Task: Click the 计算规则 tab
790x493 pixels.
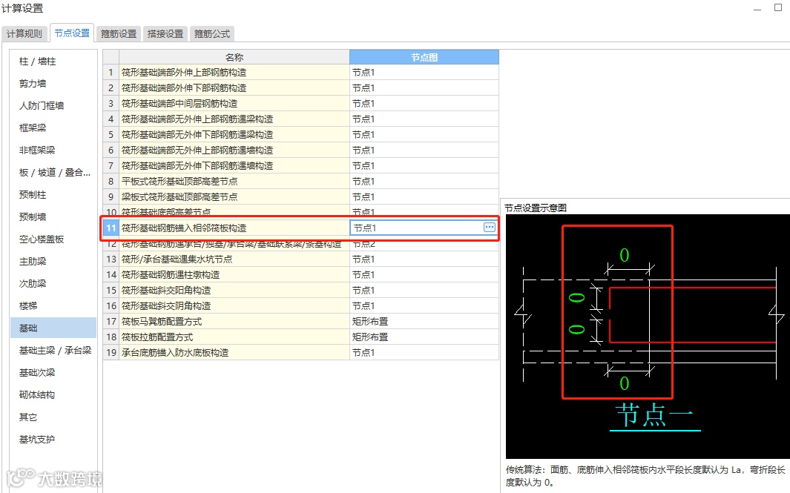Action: (x=24, y=33)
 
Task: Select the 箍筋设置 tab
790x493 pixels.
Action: (x=119, y=33)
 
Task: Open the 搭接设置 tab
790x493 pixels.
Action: (x=165, y=33)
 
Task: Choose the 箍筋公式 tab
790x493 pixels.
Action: (x=212, y=33)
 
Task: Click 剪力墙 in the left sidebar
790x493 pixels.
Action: (x=33, y=84)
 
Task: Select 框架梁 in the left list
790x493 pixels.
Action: (x=33, y=128)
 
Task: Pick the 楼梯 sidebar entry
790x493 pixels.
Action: (x=28, y=305)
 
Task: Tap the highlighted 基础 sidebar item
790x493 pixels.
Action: (x=28, y=328)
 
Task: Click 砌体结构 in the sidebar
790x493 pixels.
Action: (x=37, y=394)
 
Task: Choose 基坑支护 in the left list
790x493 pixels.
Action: (x=37, y=439)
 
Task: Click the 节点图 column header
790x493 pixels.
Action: (x=424, y=57)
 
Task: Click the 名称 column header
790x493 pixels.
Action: (x=234, y=57)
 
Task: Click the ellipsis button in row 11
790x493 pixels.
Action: (x=490, y=228)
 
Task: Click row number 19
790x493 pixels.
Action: (x=111, y=352)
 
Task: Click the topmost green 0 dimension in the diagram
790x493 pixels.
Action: (x=625, y=256)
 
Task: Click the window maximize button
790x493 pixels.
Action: (x=778, y=7)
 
